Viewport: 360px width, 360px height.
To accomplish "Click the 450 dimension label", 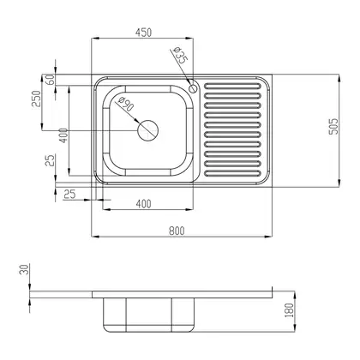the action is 143,33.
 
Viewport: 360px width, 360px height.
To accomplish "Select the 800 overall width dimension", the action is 177,231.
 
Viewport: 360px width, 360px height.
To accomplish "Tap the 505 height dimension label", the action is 333,126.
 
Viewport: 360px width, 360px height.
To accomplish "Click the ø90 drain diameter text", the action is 126,104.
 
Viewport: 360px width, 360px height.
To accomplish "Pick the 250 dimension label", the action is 37,99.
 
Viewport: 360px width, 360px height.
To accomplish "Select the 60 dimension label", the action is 50,79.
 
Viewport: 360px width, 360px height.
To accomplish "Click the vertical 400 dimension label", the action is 63,135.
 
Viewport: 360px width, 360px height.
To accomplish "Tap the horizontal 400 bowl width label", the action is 143,204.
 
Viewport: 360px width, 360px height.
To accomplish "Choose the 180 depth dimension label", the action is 290,310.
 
